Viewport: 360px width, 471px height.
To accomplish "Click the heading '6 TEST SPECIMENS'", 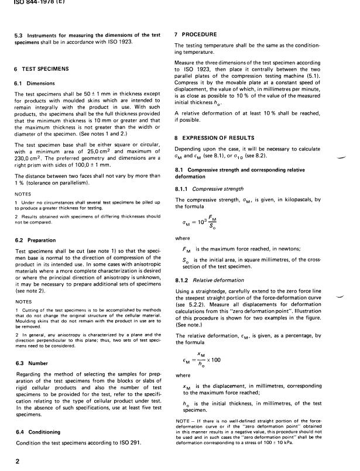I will click(x=41, y=68).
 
